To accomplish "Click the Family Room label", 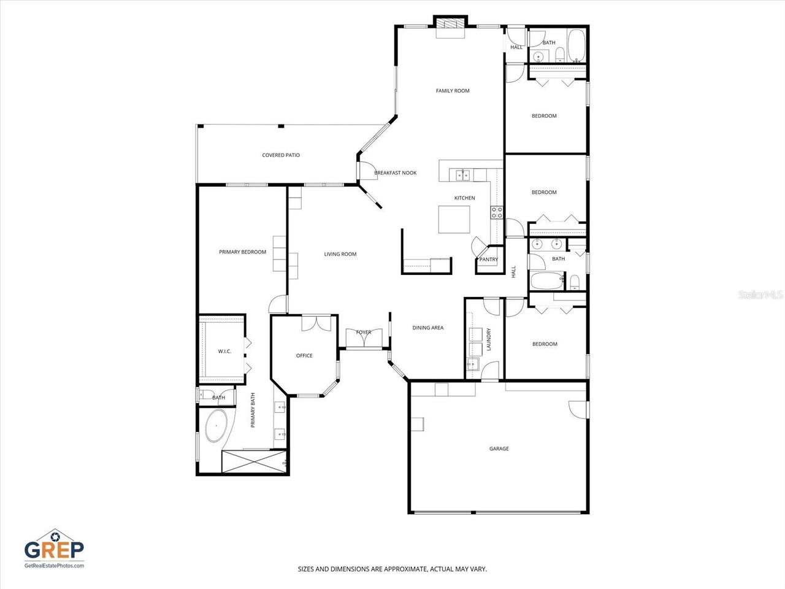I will click(x=453, y=91).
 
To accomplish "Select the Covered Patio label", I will click(x=281, y=155).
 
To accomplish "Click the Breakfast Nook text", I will click(x=396, y=173).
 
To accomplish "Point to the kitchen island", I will click(x=454, y=219).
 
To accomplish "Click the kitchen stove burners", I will click(x=497, y=212).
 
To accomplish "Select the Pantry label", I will click(x=489, y=260).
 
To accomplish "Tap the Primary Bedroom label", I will click(x=243, y=252).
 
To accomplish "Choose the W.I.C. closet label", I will click(x=224, y=351).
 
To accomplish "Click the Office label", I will click(x=304, y=356).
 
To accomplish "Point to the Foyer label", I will click(x=364, y=333).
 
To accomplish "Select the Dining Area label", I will click(x=428, y=328).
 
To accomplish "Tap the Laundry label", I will click(x=489, y=339).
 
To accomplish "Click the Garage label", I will click(x=499, y=449).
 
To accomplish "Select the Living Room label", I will click(x=340, y=254).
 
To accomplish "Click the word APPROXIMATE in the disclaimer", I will click(x=405, y=569).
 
